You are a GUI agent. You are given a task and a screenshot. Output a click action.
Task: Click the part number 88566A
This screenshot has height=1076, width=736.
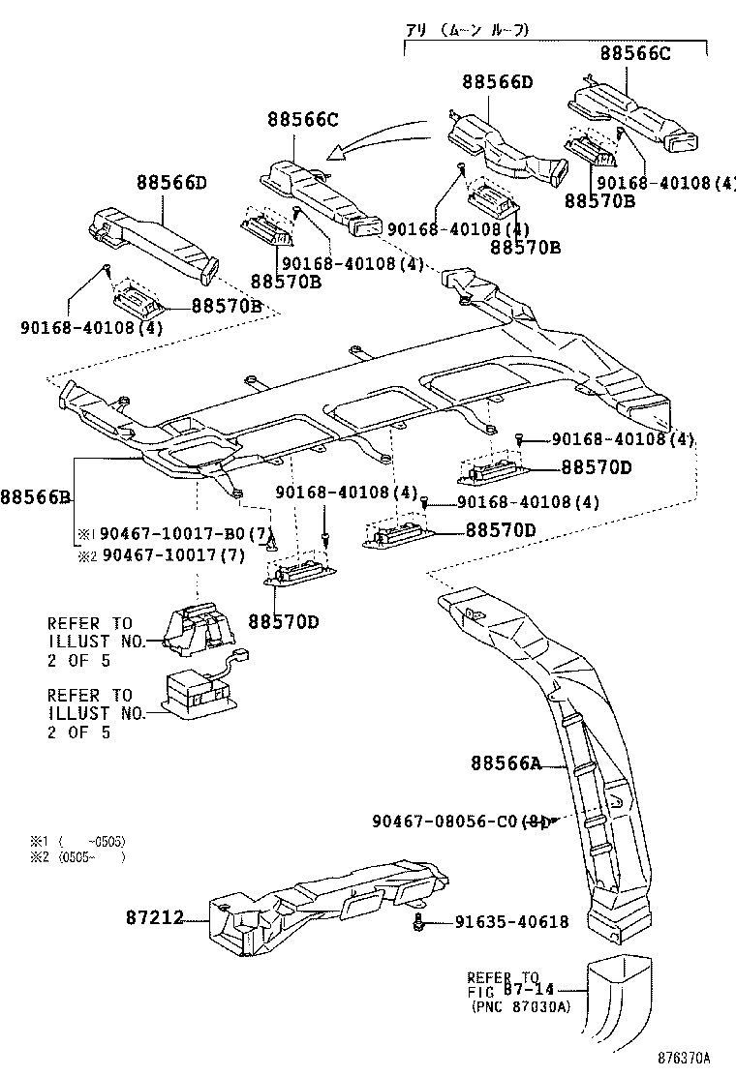(x=505, y=763)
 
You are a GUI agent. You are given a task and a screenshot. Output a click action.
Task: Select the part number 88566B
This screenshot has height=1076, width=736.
(x=36, y=497)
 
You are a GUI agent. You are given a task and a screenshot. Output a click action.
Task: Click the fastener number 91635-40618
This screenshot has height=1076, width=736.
(x=511, y=922)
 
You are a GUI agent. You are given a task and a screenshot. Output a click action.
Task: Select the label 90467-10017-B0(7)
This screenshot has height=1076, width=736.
(x=173, y=534)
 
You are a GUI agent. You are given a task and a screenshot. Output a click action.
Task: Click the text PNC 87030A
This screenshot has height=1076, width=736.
(x=521, y=1007)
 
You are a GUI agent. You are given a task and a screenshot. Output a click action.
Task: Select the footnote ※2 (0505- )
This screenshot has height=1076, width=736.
(x=77, y=856)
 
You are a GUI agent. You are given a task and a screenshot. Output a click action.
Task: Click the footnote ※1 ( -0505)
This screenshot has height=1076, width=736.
(x=77, y=841)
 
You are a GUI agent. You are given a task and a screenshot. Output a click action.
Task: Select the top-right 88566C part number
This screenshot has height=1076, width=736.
(x=634, y=54)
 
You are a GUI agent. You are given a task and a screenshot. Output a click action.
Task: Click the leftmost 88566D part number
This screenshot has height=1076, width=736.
(x=171, y=182)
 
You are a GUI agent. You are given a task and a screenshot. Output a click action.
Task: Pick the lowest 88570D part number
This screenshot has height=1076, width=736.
(x=283, y=620)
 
